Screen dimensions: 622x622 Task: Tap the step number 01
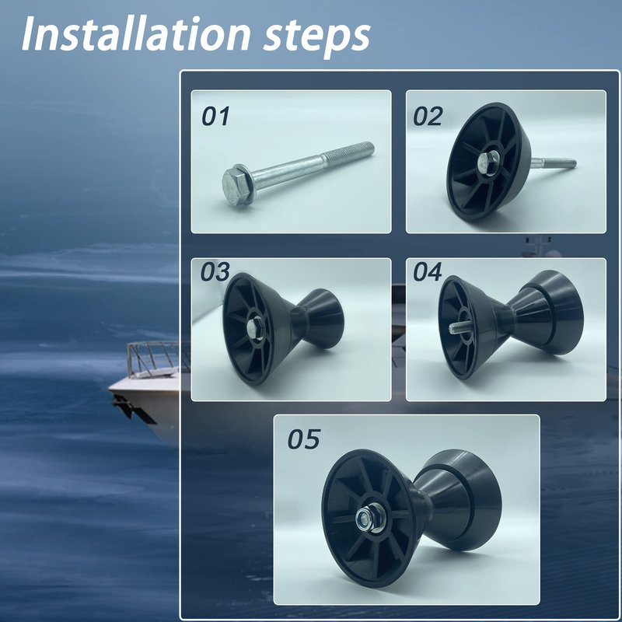(x=215, y=116)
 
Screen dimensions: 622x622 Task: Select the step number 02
(x=428, y=116)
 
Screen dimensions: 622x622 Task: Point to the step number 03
(x=215, y=271)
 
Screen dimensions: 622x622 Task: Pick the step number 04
(x=427, y=271)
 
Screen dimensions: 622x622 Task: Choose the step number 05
(x=303, y=439)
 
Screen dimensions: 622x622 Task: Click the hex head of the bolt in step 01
(x=235, y=184)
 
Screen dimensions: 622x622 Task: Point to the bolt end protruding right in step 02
(x=554, y=162)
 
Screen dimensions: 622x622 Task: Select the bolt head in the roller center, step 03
(x=252, y=327)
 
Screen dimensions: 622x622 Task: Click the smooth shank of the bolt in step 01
(x=285, y=169)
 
